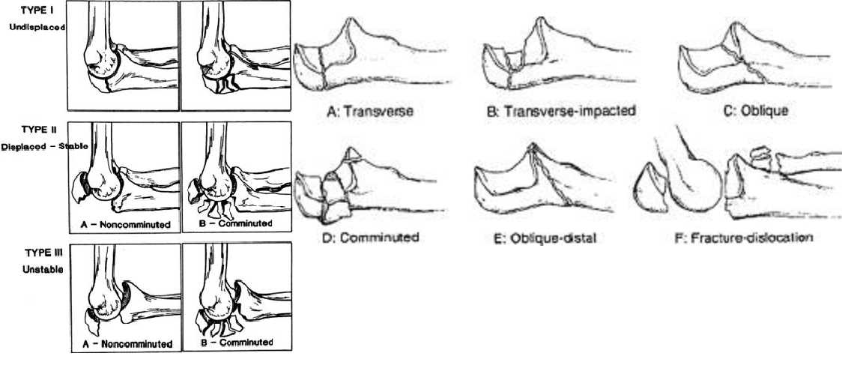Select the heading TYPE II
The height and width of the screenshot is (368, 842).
click(x=36, y=129)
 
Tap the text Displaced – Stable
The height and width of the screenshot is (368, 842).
click(x=45, y=146)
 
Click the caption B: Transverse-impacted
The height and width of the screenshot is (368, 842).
click(x=561, y=111)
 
